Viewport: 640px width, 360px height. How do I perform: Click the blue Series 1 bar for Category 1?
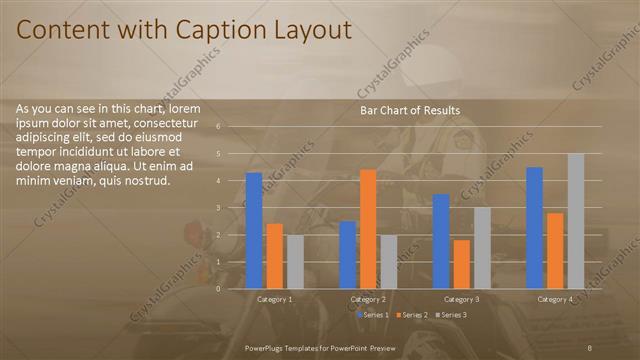click(254, 230)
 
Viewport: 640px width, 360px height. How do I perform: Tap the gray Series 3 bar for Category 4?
click(576, 220)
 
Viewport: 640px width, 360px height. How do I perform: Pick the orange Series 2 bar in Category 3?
click(461, 263)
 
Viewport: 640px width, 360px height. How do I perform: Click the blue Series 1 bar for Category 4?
click(535, 227)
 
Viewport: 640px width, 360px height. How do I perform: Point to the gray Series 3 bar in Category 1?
click(295, 261)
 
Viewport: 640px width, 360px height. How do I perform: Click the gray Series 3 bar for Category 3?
click(482, 247)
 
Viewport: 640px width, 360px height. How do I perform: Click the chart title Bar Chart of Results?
click(410, 110)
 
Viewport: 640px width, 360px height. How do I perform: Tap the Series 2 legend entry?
click(410, 315)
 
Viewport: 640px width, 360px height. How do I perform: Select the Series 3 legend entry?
click(450, 315)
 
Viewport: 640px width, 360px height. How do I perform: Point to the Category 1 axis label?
click(275, 299)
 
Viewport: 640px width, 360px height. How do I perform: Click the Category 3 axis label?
click(462, 299)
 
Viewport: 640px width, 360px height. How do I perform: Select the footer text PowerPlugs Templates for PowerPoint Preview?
click(320, 346)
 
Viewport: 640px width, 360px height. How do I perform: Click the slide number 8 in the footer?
click(590, 346)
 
